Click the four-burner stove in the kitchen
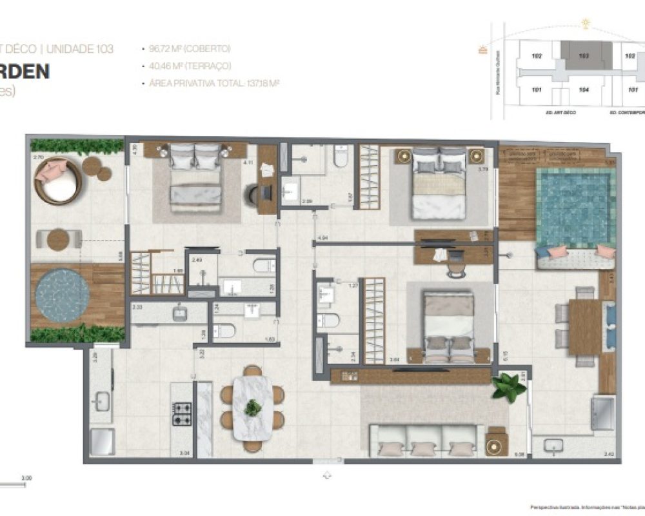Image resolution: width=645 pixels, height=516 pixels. (182, 413)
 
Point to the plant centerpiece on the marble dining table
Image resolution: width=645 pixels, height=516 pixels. (253, 408)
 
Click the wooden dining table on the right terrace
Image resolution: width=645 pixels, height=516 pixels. (584, 327)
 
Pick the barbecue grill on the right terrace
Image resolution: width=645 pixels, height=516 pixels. (604, 413)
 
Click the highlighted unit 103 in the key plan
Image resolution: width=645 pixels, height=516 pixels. (584, 57)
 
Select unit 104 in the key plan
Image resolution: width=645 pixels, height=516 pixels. (584, 90)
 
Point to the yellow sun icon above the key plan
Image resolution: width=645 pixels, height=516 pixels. (586, 25)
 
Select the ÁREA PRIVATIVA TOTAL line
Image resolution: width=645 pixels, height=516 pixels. (213, 83)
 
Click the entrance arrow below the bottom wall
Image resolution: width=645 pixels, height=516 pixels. (328, 475)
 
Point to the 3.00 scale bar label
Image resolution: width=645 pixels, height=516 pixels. (26, 478)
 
